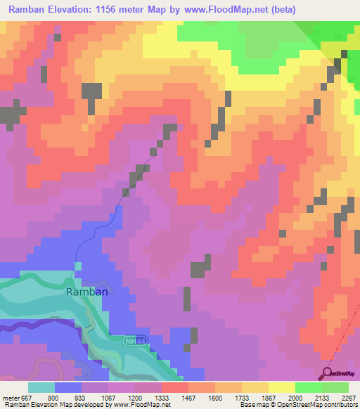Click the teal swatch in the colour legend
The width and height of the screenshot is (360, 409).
tap(41, 387)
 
